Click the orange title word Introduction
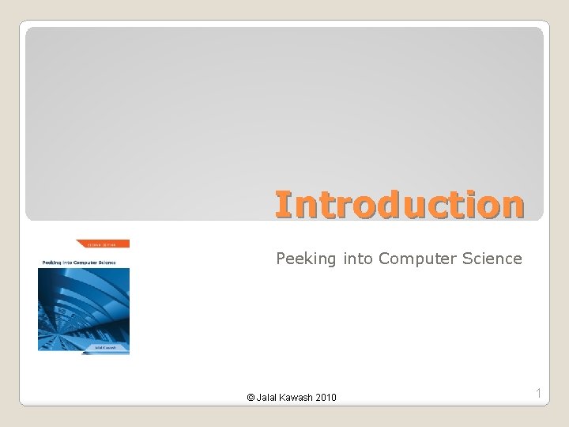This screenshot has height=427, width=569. [x=399, y=204]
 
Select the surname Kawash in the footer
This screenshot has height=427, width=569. [x=299, y=397]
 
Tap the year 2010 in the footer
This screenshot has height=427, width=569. [x=326, y=397]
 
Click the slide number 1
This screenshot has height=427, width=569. [x=538, y=393]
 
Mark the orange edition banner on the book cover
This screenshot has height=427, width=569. [x=102, y=244]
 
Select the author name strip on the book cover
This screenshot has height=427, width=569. [x=84, y=346]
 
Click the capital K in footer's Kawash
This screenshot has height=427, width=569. [x=285, y=397]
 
